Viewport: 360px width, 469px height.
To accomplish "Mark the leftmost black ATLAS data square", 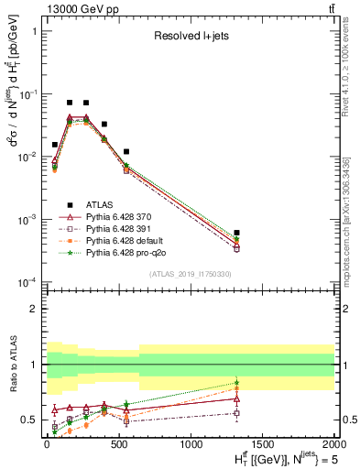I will click(55, 145).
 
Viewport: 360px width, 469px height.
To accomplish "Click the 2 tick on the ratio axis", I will click(34, 309).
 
